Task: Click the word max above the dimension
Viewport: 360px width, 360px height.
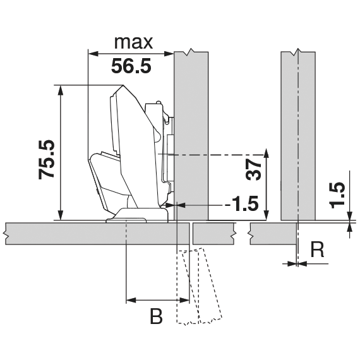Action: tap(133, 43)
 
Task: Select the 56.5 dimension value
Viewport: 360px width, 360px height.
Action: tap(131, 66)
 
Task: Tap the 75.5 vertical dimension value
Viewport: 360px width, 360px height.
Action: tap(47, 160)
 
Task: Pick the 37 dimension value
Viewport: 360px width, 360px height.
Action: tap(253, 169)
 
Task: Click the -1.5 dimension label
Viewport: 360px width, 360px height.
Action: tap(241, 203)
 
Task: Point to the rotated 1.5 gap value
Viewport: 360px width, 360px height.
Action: tap(337, 195)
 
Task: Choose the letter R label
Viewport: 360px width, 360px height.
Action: tap(318, 249)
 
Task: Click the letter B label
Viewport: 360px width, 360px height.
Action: tap(156, 316)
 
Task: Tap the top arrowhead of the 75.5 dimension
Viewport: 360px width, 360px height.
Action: tap(61, 90)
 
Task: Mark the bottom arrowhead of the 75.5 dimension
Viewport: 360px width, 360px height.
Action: tap(61, 215)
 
